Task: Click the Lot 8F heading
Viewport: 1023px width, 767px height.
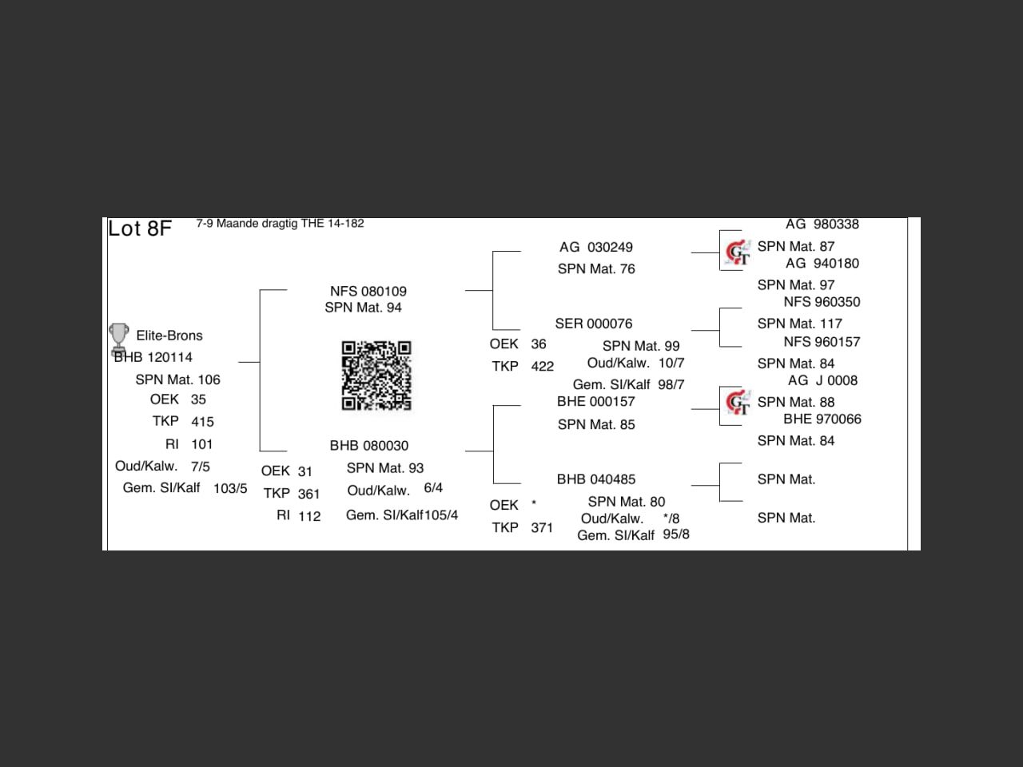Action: [x=140, y=229]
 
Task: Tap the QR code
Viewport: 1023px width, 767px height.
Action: [x=376, y=376]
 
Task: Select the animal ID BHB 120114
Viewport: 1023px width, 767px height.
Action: [x=153, y=357]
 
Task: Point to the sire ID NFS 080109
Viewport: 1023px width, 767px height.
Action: [x=368, y=292]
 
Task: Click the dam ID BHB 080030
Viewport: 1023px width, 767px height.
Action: [x=369, y=446]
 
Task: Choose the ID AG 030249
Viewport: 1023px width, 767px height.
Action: [x=596, y=248]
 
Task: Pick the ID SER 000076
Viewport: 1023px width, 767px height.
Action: [x=594, y=324]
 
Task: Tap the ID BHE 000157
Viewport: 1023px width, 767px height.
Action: [x=596, y=402]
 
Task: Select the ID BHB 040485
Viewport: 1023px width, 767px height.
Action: [x=596, y=479]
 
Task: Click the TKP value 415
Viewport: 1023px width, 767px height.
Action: [x=202, y=422]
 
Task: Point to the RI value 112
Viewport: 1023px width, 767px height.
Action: [x=309, y=516]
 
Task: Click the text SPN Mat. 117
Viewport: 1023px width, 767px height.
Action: [x=800, y=324]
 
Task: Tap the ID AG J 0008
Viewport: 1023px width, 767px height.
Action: [x=822, y=381]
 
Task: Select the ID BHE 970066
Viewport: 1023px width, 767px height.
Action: [x=822, y=419]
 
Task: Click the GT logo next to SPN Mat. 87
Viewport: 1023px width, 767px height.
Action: [x=737, y=252]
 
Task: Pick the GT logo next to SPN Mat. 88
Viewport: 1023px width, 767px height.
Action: [x=737, y=403]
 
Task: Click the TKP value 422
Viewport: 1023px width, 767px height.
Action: [x=542, y=367]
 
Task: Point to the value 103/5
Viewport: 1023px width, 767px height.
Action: [x=230, y=488]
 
